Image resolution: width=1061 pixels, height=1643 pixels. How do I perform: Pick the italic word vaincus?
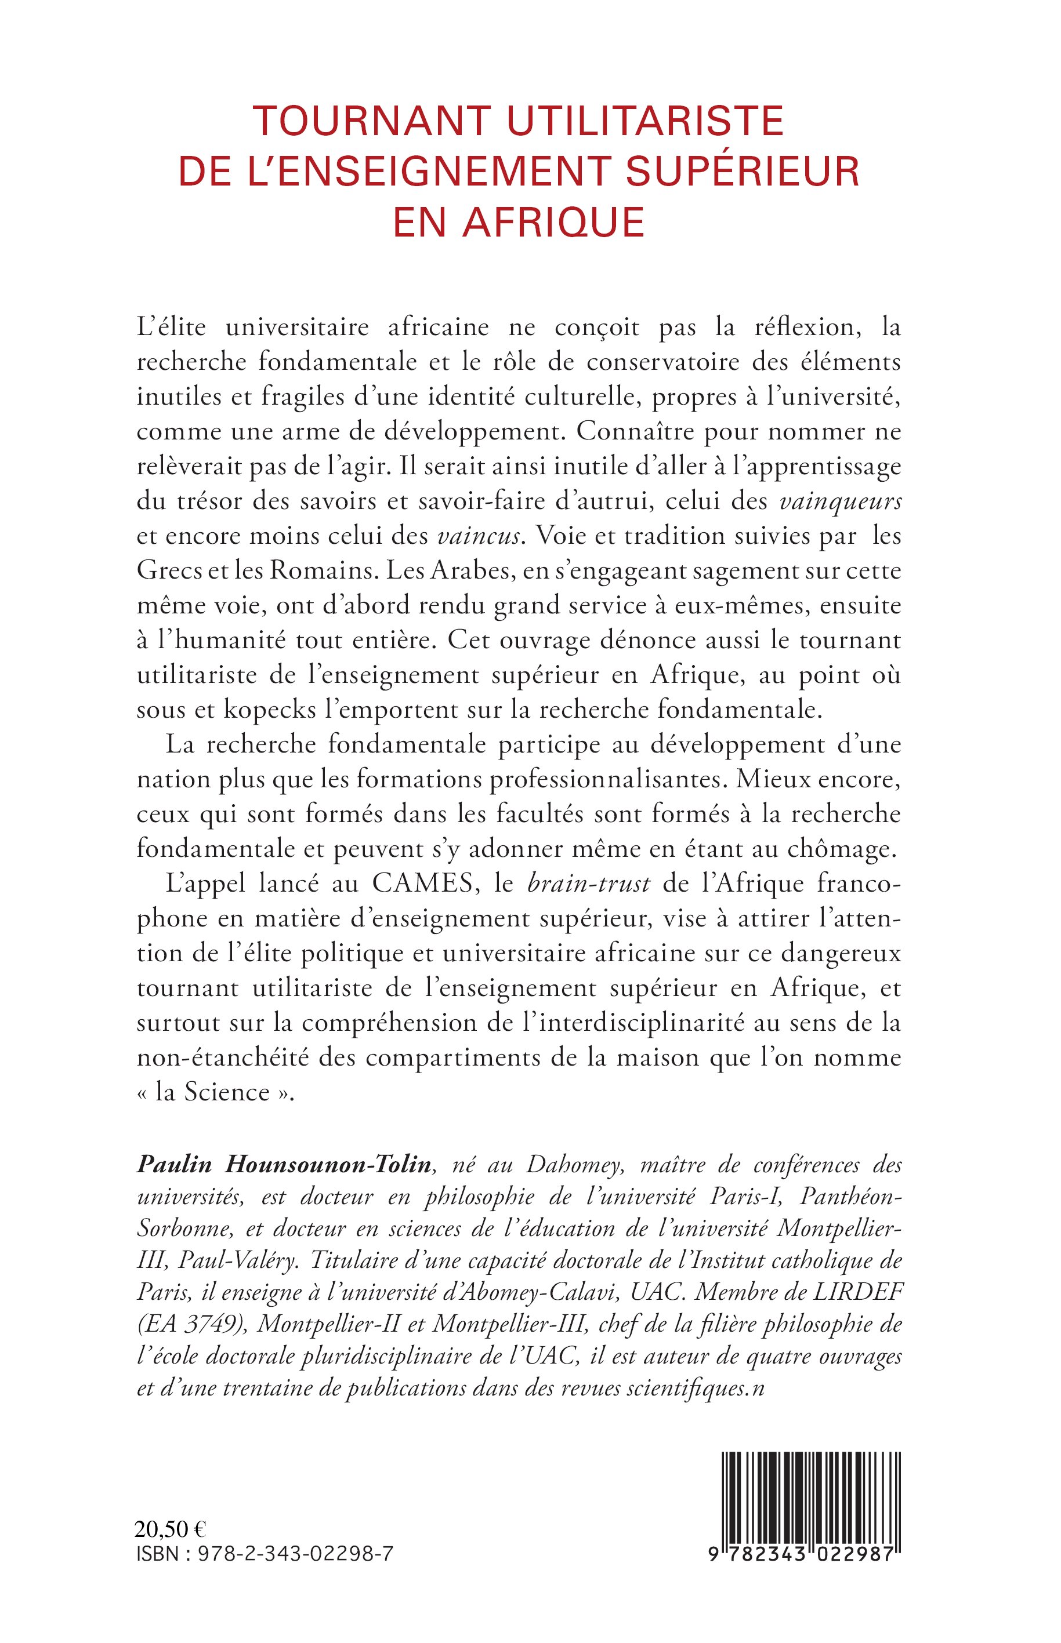point(479,536)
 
